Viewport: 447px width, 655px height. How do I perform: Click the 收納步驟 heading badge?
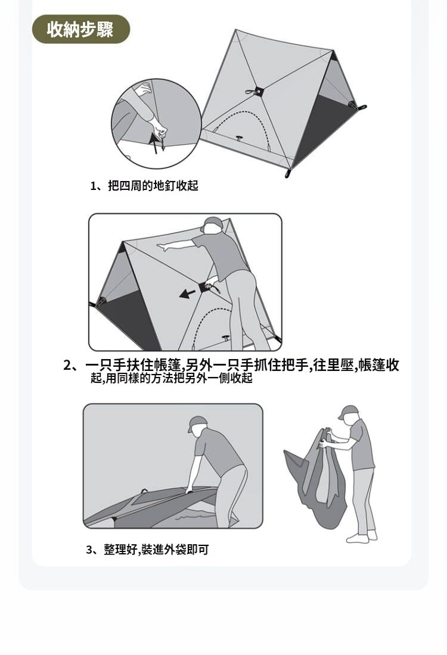(80, 29)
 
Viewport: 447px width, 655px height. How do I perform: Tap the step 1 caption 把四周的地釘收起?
(153, 185)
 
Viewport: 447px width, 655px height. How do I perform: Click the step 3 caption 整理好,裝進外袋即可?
(156, 550)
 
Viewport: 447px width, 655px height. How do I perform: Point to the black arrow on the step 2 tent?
(187, 294)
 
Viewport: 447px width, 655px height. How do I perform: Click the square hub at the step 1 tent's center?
(259, 91)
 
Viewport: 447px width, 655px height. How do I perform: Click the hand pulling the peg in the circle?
(160, 129)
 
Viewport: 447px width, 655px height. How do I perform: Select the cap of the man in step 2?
(212, 224)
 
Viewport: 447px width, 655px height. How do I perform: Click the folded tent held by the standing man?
(317, 478)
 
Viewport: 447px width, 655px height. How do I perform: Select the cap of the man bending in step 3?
(197, 423)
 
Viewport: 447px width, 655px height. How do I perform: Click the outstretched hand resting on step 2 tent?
(162, 247)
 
